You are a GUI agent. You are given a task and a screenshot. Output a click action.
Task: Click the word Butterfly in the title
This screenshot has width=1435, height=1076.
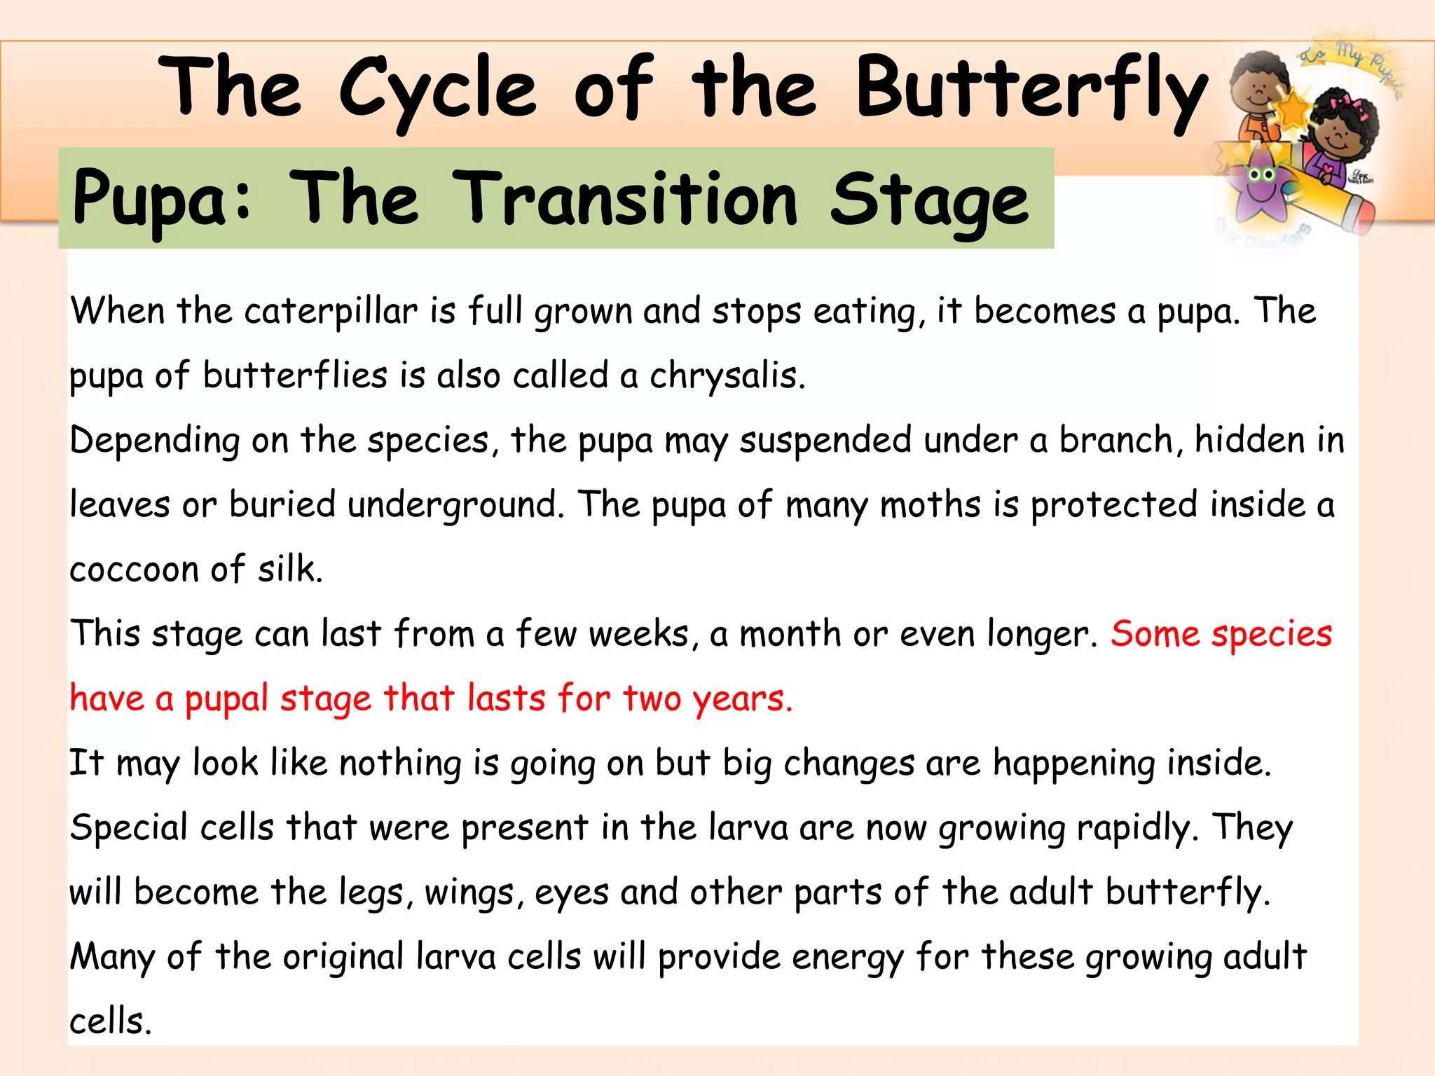[x=1030, y=90]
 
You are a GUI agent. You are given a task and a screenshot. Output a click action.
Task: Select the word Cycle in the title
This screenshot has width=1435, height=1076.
[x=437, y=90]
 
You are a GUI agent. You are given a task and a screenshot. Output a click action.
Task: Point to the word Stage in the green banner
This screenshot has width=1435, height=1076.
[x=929, y=200]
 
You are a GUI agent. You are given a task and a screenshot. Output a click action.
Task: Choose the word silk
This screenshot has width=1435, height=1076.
[x=289, y=568]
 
